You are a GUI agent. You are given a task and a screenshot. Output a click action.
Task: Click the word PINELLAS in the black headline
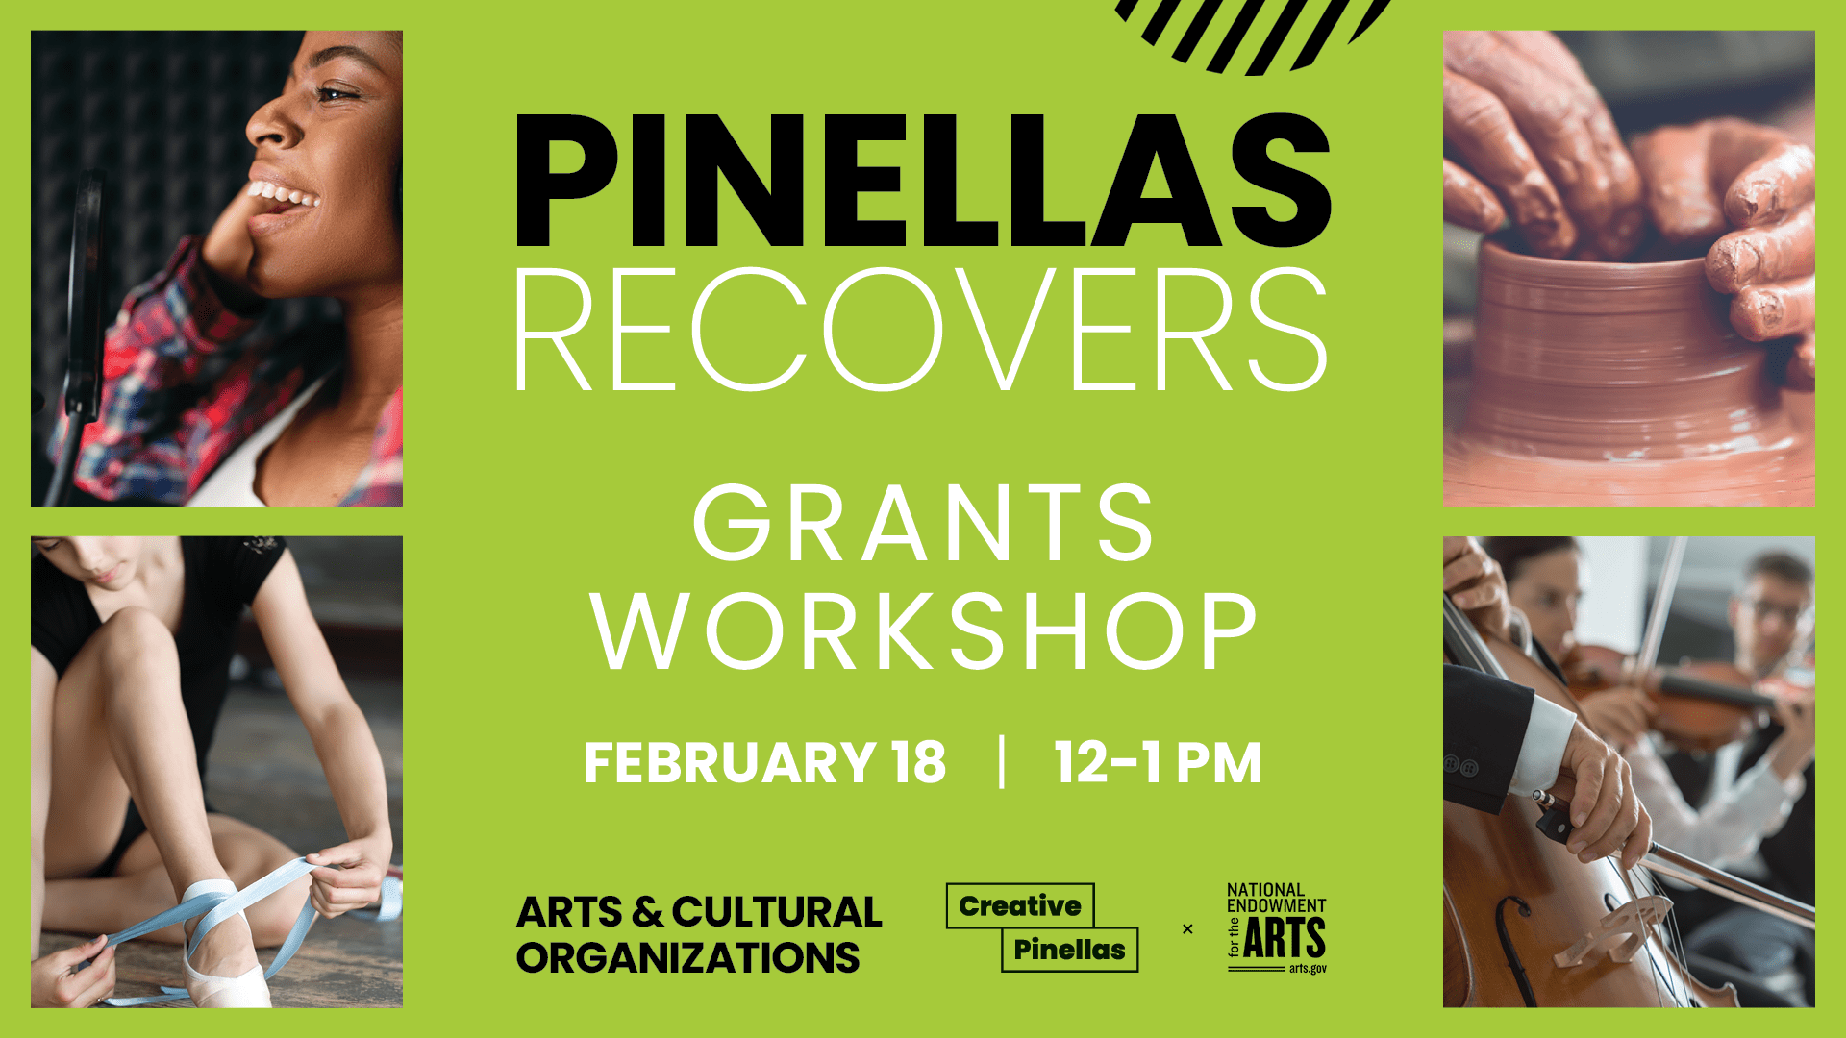click(923, 181)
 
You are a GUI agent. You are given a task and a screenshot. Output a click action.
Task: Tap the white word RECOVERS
click(921, 330)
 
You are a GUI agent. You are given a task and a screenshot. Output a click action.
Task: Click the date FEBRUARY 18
click(764, 763)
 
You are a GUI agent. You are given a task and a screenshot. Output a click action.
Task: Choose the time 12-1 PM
click(1158, 763)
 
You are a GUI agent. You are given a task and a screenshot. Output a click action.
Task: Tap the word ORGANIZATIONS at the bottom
click(688, 958)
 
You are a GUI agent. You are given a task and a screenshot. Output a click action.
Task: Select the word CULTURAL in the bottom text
click(777, 912)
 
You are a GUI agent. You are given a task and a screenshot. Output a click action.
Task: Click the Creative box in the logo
click(1020, 905)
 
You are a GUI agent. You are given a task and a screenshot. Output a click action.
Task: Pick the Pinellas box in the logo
click(1069, 950)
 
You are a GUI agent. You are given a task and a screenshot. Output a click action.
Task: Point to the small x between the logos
click(1187, 928)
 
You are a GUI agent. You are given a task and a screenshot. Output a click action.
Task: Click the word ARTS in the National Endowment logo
click(1285, 938)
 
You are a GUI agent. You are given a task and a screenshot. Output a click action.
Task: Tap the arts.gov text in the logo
click(1308, 969)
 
